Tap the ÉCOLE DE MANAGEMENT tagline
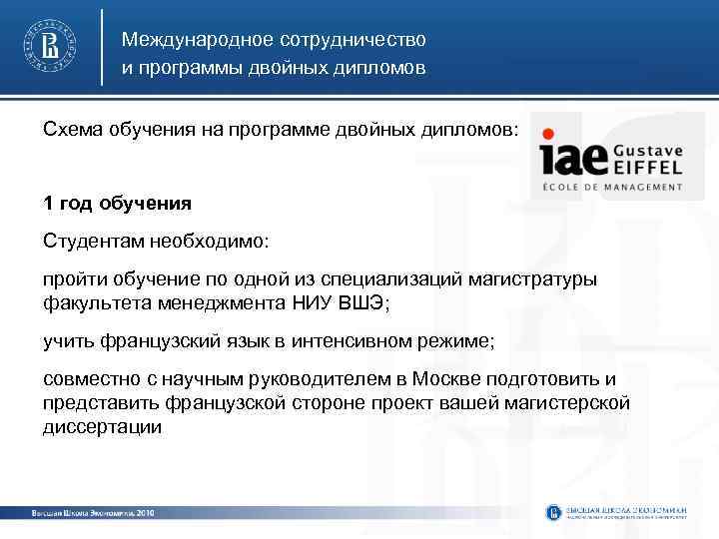(612, 187)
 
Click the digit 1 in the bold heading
(48, 204)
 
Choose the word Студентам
(94, 242)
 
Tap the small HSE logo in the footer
(554, 512)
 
